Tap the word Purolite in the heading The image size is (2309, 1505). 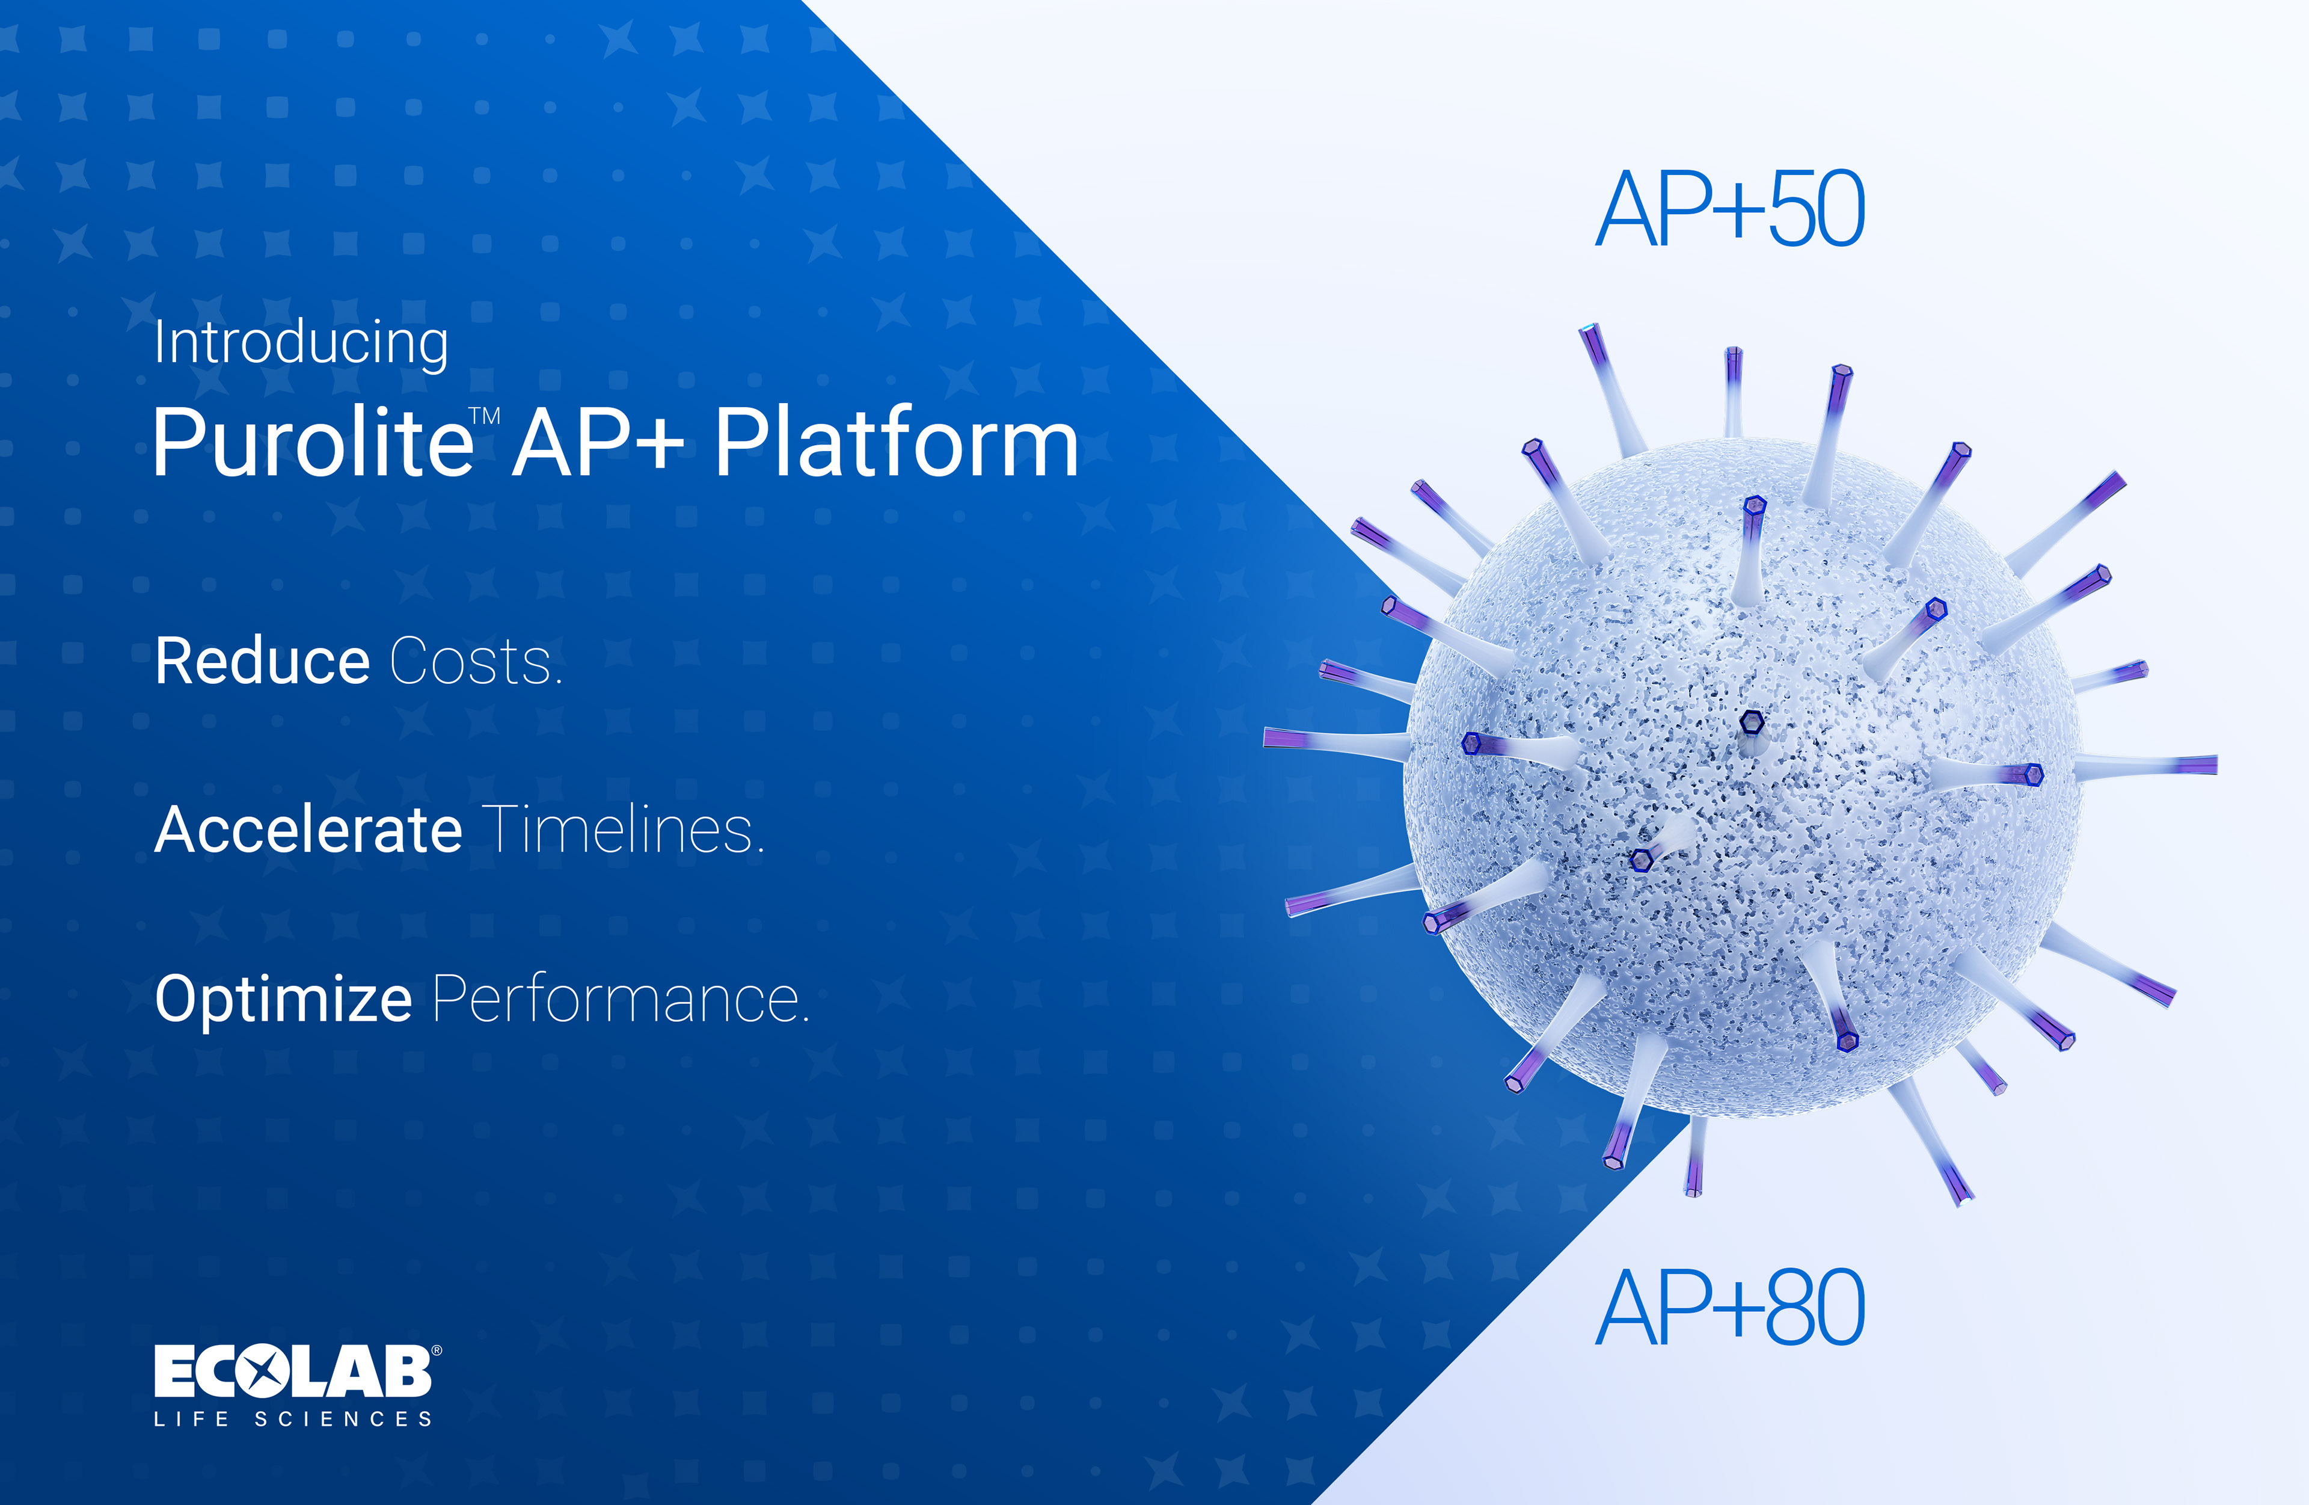tap(313, 443)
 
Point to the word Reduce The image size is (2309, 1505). tap(262, 661)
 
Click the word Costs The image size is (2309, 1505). tap(476, 662)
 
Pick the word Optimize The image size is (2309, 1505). tap(283, 1000)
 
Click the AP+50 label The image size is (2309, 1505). tap(1730, 209)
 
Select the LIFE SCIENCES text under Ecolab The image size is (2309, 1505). tap(293, 1420)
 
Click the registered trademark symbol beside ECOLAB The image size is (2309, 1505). tap(437, 1350)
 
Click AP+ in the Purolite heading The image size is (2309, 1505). tap(598, 443)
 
